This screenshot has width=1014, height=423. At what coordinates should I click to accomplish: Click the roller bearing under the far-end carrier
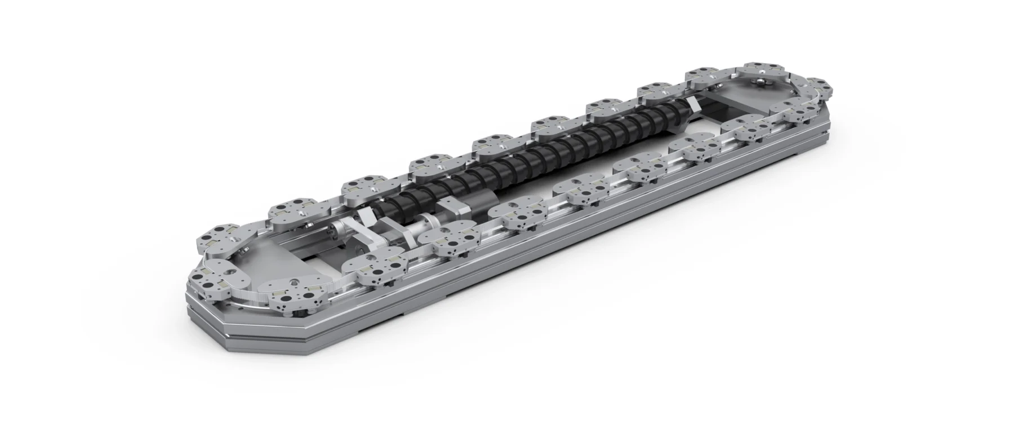click(x=763, y=84)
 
